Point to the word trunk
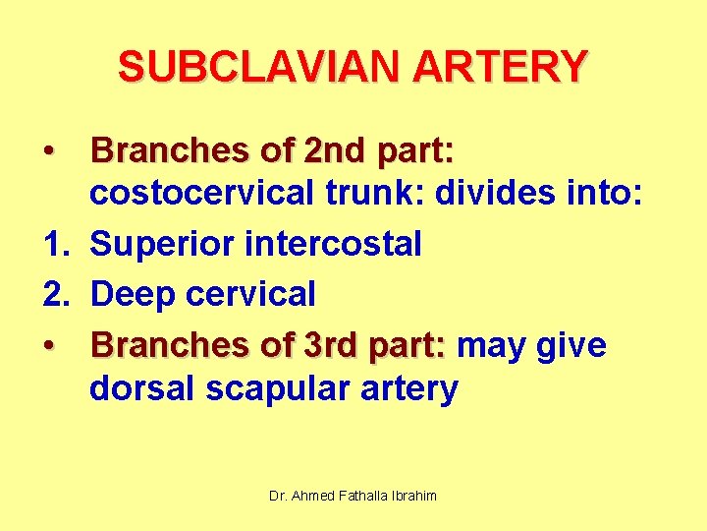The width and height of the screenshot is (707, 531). [362, 197]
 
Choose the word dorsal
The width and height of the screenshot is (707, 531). [142, 389]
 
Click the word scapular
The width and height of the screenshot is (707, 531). [271, 389]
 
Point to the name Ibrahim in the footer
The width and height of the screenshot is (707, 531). [413, 496]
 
